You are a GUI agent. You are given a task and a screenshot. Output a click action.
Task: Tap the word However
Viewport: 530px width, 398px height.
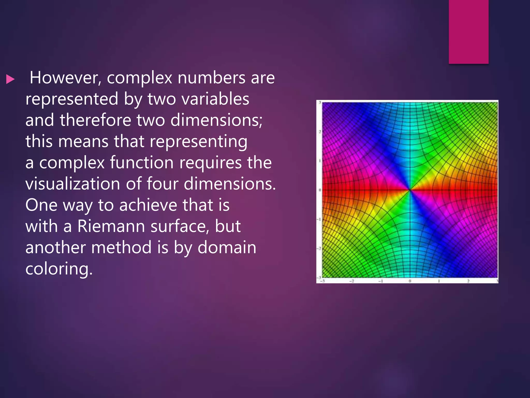pos(65,78)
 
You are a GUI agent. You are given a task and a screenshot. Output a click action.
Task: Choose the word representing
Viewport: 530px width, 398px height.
pos(198,142)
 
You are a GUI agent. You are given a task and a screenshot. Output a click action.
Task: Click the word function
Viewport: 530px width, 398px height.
pos(141,163)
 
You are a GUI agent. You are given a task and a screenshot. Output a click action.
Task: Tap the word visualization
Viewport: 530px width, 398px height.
pos(73,184)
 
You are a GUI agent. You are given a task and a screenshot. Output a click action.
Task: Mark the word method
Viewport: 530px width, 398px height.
pos(121,247)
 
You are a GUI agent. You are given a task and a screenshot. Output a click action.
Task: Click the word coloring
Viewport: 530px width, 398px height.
pos(59,269)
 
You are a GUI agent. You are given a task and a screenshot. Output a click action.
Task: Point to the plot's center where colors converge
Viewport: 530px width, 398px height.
pos(410,190)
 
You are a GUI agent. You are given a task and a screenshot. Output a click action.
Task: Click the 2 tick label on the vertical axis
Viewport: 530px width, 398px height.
pos(320,132)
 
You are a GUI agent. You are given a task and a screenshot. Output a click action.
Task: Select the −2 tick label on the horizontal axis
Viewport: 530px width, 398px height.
pos(351,281)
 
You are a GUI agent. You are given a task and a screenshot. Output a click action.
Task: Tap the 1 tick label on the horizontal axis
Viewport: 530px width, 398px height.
pos(439,281)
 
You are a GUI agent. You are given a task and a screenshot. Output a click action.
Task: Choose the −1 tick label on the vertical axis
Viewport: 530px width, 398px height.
pos(319,219)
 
